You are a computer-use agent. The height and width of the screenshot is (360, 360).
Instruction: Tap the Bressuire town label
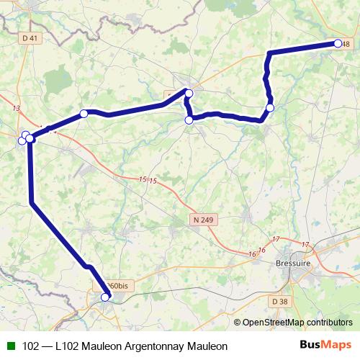(293, 264)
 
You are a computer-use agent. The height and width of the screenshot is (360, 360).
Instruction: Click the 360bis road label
(118, 286)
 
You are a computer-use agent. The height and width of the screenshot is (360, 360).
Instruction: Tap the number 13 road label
(17, 108)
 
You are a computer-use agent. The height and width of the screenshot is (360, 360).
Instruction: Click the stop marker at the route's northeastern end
(338, 43)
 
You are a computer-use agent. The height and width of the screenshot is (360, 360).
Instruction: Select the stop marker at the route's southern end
(105, 297)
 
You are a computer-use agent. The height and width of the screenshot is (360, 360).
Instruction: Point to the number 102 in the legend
(31, 346)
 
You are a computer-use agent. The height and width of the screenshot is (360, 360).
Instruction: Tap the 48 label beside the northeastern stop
(346, 45)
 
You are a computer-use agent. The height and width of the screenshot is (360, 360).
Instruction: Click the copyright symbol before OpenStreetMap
(237, 322)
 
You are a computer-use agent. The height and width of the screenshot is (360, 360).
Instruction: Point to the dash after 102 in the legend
(47, 346)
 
